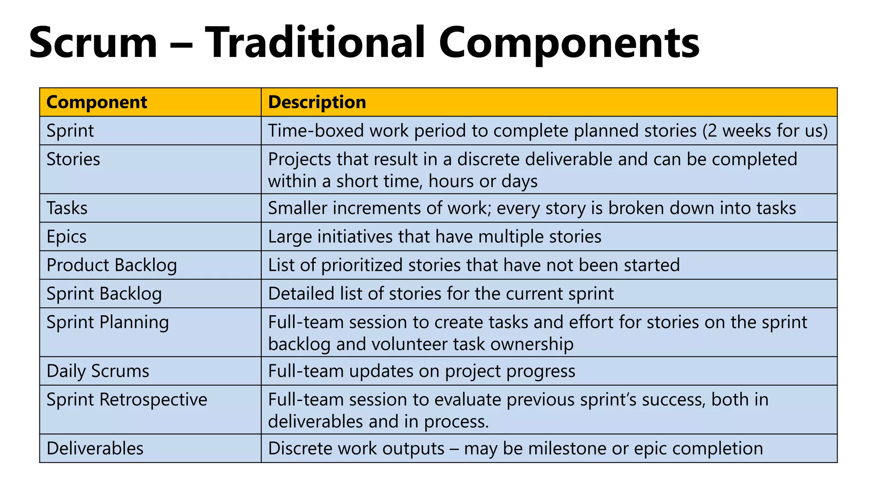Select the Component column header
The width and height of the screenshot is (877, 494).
(97, 102)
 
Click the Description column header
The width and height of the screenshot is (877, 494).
(317, 102)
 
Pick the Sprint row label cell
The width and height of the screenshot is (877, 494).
(70, 131)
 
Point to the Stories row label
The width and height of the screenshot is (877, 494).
(73, 160)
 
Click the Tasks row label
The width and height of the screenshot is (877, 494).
(67, 208)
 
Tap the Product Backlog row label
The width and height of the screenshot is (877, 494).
(112, 265)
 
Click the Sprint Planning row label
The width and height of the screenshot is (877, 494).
(107, 322)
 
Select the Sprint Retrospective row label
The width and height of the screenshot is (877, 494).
(127, 400)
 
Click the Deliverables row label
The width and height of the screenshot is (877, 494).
(95, 449)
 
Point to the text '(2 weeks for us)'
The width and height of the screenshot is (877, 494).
(765, 131)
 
